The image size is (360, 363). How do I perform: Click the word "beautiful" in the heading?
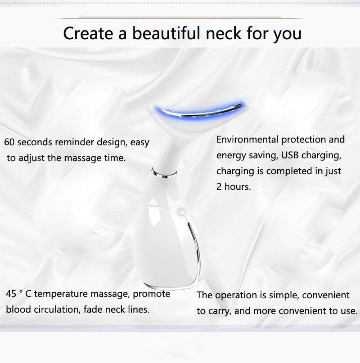pos(166,33)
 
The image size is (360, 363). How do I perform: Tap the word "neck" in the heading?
pos(224,33)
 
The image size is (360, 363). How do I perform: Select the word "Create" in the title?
pos(88,33)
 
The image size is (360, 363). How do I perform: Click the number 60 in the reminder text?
pos(9,142)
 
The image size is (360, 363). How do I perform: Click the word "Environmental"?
pos(247,139)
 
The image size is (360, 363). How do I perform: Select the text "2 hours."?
pos(234,187)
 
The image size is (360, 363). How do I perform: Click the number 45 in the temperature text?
pos(11,294)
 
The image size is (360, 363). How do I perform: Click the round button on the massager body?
pos(181,211)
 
